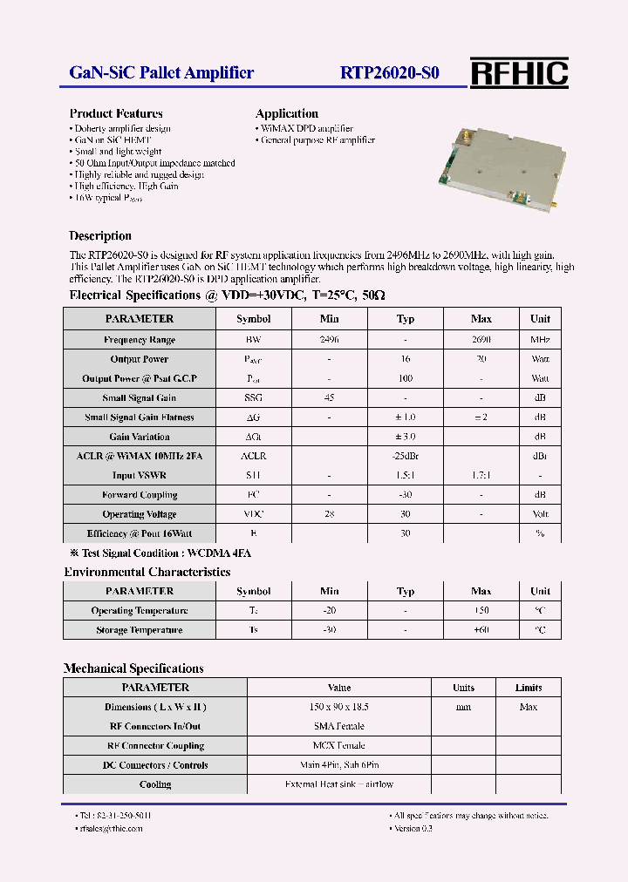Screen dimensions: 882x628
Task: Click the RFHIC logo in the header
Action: (x=519, y=73)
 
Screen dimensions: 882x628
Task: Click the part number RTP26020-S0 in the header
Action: (x=389, y=73)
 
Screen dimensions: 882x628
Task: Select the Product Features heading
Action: (x=116, y=113)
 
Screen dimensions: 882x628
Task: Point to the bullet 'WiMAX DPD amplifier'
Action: (x=306, y=128)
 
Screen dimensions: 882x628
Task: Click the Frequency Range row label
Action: (x=139, y=340)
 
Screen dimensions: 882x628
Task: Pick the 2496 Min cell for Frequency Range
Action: (x=329, y=340)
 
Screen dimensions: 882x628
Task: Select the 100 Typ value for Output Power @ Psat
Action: (x=405, y=379)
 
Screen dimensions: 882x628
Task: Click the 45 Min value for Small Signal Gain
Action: (x=329, y=398)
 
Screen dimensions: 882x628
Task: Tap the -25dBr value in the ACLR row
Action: (x=405, y=456)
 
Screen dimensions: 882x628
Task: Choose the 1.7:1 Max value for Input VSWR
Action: (x=481, y=476)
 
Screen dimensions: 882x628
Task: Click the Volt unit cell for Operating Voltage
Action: (x=540, y=514)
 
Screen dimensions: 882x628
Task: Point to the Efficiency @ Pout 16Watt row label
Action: (x=139, y=533)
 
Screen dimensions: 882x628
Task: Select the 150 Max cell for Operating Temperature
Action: (x=481, y=611)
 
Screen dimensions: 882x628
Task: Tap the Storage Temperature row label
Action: (x=139, y=630)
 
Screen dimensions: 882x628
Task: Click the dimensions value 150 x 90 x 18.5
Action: (x=338, y=707)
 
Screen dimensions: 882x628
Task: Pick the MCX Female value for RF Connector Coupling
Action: (x=338, y=746)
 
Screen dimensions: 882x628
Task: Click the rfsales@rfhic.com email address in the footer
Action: (x=112, y=829)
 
